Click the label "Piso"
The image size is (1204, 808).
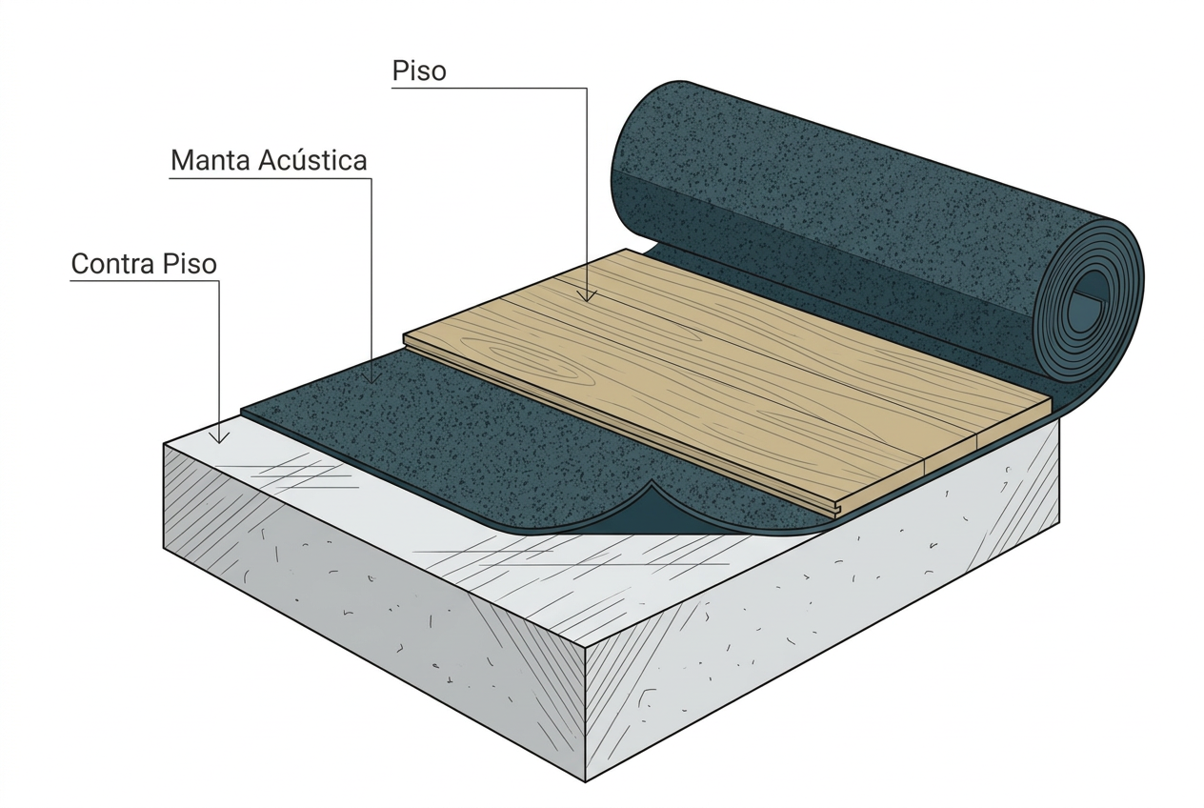(x=419, y=71)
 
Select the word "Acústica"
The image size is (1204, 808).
(x=312, y=160)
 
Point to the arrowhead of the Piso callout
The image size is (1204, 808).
(x=587, y=295)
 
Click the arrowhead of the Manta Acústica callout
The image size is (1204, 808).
(x=371, y=377)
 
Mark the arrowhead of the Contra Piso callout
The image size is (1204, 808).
(x=219, y=437)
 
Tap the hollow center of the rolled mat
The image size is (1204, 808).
(x=1085, y=305)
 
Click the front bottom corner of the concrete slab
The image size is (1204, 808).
(x=586, y=780)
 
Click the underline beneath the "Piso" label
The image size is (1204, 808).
(x=489, y=89)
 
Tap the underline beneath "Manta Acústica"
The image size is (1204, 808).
(x=271, y=178)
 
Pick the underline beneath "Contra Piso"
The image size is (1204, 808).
(x=144, y=281)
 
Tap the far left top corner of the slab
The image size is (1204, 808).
(x=164, y=444)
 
